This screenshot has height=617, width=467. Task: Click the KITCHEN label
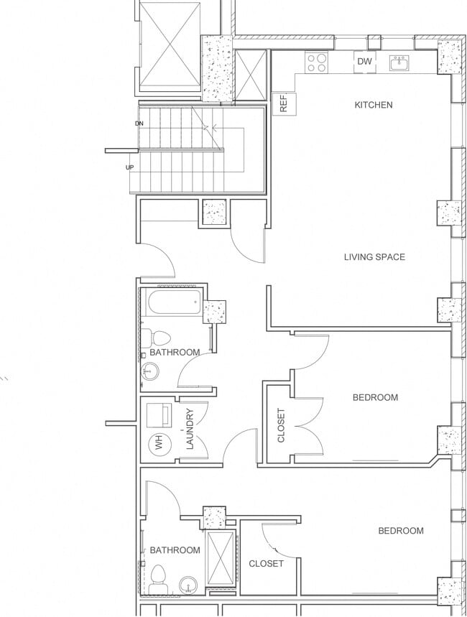(374, 105)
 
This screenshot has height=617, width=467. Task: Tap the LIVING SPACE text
(374, 257)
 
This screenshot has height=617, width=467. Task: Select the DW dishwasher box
(365, 62)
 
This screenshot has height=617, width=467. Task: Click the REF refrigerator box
(283, 103)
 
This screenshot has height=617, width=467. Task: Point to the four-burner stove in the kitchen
(317, 62)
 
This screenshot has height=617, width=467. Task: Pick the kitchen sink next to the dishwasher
(399, 62)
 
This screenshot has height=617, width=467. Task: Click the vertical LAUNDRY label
(190, 429)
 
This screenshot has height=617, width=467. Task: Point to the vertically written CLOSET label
(281, 425)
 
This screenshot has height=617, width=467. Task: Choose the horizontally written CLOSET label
(266, 564)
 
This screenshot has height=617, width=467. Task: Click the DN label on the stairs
(139, 124)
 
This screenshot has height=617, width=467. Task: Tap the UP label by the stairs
(130, 167)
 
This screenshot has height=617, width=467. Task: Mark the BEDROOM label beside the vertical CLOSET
(375, 397)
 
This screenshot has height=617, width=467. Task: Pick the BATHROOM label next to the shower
(175, 550)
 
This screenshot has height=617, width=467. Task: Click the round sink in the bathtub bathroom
(151, 371)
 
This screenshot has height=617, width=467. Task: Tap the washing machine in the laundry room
(158, 416)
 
